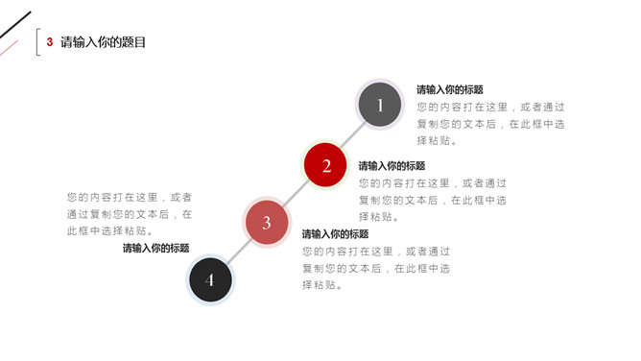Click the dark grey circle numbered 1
click(380, 106)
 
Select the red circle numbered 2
click(325, 166)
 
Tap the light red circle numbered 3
click(267, 223)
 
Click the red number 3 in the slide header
click(50, 42)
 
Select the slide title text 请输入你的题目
click(104, 42)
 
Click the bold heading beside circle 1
click(449, 89)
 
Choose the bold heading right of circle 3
click(335, 233)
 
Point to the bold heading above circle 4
click(155, 248)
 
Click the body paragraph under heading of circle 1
click(489, 124)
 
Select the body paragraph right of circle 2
click(432, 200)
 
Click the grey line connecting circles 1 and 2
click(352, 136)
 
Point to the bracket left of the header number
click(37, 43)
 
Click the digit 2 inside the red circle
click(325, 166)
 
